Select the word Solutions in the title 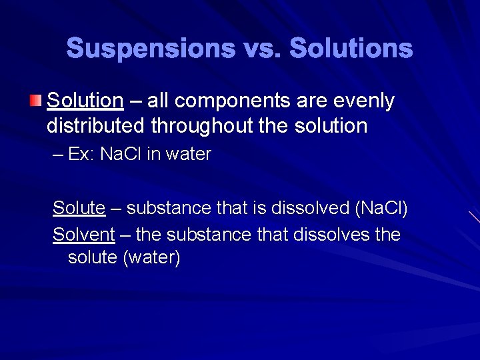click(351, 49)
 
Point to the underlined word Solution click(85, 101)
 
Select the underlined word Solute click(79, 208)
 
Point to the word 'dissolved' click(310, 208)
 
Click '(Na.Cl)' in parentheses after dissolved click(382, 208)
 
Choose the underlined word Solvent click(84, 235)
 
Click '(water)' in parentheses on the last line click(151, 257)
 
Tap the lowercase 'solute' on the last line click(93, 257)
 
